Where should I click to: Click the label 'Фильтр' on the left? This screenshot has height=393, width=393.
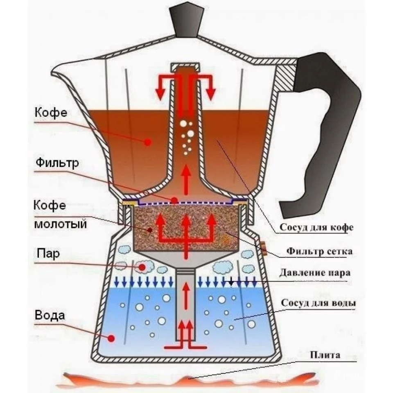pos(57,163)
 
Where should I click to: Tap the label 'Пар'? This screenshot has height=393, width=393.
pos(50,253)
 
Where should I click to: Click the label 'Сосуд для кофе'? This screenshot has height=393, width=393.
pos(316,228)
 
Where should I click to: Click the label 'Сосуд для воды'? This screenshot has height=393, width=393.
pos(318,304)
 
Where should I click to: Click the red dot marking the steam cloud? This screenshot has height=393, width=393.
pos(142,267)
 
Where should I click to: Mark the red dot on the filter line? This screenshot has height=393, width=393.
pos(175,201)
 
